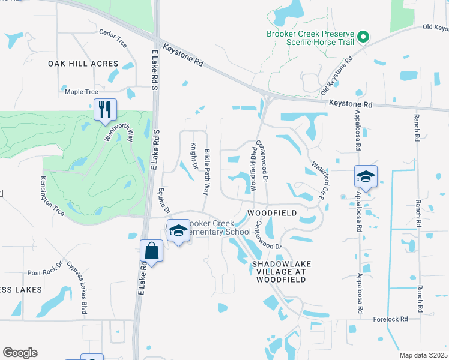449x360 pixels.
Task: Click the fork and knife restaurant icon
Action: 104,109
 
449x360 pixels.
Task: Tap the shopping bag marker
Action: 152,251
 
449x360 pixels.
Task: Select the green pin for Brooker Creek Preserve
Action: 362,37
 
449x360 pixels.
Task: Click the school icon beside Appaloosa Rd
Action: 365,176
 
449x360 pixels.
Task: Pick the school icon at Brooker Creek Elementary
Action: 178,231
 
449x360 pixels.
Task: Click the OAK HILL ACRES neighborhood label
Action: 75,63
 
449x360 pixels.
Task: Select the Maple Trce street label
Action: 81,92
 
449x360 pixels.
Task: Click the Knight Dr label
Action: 194,155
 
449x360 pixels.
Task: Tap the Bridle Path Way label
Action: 206,172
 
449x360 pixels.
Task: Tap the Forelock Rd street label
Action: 390,319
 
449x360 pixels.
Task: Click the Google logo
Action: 20,353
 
